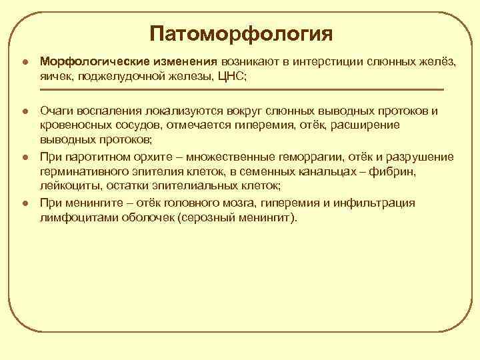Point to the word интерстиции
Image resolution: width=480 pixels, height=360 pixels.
319,61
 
